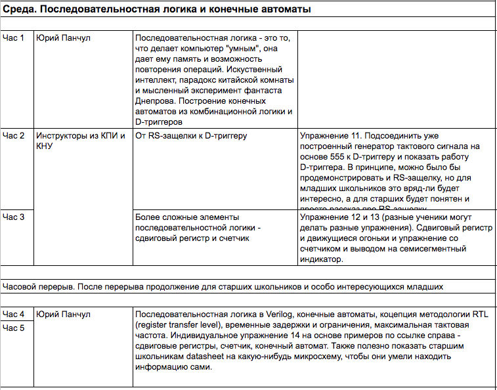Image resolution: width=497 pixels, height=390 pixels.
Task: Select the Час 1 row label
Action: pos(14,37)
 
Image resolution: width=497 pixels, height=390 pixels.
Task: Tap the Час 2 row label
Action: pos(14,136)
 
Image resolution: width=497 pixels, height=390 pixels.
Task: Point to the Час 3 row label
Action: pos(14,217)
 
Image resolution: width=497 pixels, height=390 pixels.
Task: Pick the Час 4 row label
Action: pos(14,314)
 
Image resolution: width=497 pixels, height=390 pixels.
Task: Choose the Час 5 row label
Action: pos(14,328)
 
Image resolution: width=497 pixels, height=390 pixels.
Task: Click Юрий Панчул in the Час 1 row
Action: pos(63,37)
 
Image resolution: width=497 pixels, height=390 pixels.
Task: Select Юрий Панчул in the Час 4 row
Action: pos(63,314)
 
